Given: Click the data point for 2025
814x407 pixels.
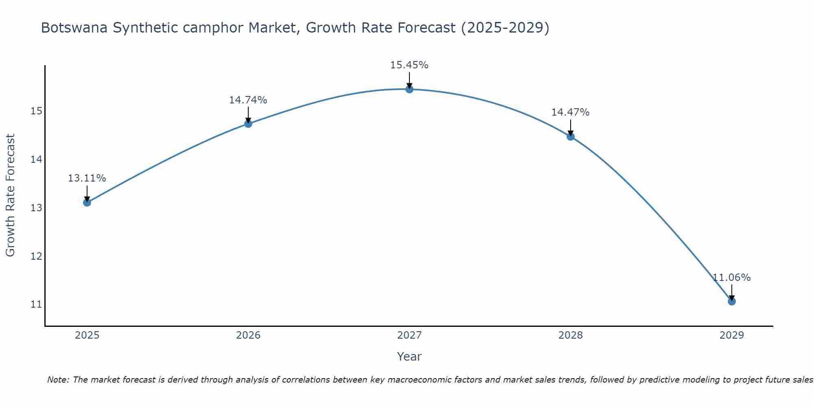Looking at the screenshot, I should tap(87, 202).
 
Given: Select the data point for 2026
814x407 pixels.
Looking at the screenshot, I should tap(248, 124).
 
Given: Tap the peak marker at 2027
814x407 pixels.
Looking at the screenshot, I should tap(409, 89).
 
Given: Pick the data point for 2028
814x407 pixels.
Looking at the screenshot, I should tap(571, 136).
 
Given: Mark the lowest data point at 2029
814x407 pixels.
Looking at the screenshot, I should tap(731, 301).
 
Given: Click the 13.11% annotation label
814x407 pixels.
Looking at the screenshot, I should tap(87, 178).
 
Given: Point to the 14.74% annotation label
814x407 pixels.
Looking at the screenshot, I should tap(248, 100).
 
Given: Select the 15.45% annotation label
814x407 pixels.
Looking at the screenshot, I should tap(409, 65).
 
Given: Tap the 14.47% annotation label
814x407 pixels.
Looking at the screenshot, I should tap(571, 112).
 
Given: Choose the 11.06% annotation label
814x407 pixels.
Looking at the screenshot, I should tap(731, 278).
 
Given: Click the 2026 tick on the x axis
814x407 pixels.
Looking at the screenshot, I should tap(248, 335).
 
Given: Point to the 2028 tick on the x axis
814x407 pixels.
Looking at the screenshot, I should tap(571, 335).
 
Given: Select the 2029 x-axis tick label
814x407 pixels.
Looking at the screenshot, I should tap(731, 335).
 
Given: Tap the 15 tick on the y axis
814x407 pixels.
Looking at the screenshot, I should tap(36, 111).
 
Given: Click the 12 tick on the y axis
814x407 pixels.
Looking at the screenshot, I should tap(36, 256).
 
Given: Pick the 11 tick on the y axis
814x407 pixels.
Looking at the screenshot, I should tap(36, 304).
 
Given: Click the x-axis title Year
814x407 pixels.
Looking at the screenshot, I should tap(409, 357).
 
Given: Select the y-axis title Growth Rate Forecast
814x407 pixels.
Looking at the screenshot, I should tap(11, 195).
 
